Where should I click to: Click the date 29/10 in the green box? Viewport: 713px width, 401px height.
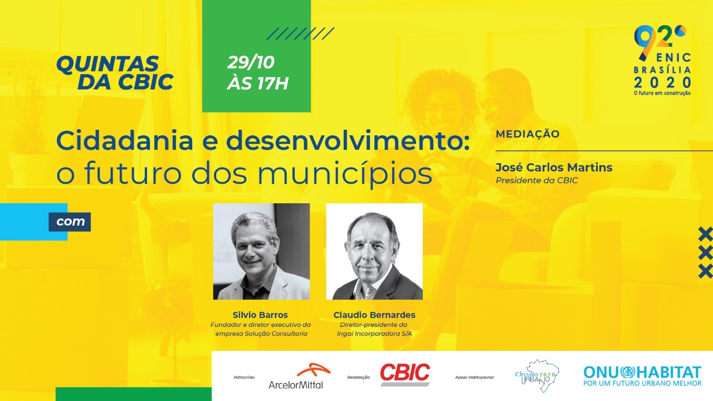pos(251,62)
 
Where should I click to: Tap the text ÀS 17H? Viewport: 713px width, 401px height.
pos(258,84)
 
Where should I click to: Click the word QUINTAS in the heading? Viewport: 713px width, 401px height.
pos(108,65)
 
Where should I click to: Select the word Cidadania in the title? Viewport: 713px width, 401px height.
pos(125,141)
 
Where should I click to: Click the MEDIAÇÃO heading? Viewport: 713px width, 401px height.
pos(528,134)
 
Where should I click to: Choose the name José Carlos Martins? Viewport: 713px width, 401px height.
pos(554,168)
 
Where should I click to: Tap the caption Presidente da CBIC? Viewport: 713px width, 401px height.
pos(536,180)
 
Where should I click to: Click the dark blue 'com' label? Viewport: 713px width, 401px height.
pos(70,222)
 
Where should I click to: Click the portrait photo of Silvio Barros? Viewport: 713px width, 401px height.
pos(261,251)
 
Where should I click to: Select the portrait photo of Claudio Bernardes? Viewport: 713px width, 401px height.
pos(374,251)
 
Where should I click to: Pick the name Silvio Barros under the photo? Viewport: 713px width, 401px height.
pos(260,315)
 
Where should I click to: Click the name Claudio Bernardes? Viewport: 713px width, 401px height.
pos(374,315)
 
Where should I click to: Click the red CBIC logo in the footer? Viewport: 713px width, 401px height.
pos(405,375)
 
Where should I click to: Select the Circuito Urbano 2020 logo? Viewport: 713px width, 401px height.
pos(537,376)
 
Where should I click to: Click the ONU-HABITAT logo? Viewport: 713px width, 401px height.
pos(642,376)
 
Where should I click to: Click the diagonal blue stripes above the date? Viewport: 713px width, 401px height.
pos(300,33)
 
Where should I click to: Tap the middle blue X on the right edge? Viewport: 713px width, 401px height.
pos(705,253)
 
